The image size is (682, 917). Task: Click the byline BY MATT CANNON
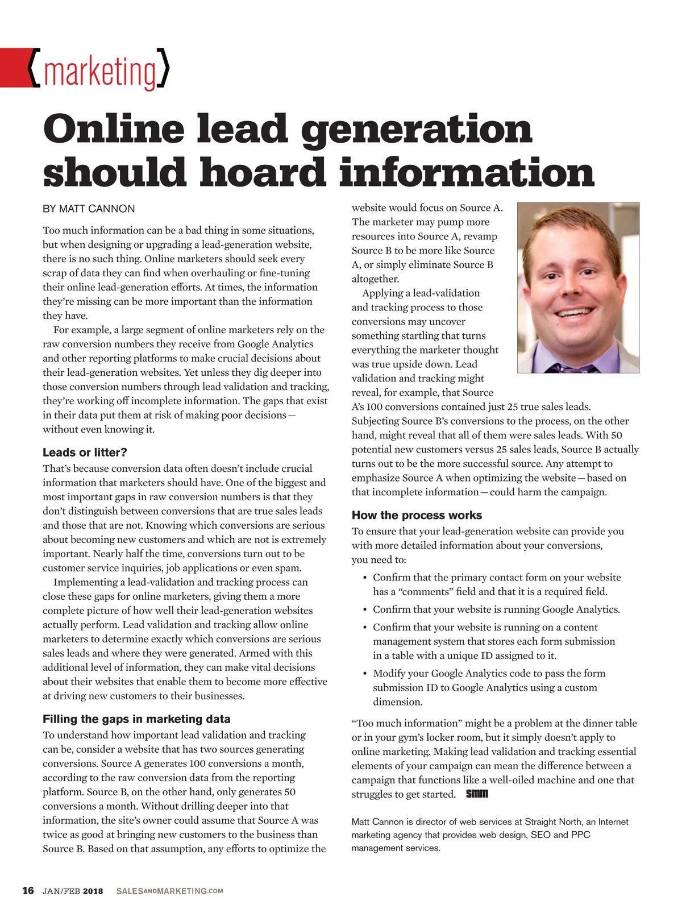[x=89, y=209]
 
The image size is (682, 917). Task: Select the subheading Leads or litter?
[x=85, y=453]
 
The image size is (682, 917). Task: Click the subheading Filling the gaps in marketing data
[x=136, y=719]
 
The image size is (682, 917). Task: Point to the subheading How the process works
[x=417, y=515]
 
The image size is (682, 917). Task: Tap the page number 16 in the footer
[x=28, y=890]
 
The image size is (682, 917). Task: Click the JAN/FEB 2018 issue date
[x=73, y=891]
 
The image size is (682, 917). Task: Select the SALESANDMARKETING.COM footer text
[x=169, y=891]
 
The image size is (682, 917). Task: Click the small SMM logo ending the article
[x=477, y=794]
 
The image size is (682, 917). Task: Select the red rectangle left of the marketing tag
[x=14, y=68]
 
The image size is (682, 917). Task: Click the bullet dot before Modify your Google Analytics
[x=364, y=674]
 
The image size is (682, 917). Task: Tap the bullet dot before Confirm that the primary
[x=364, y=578]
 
